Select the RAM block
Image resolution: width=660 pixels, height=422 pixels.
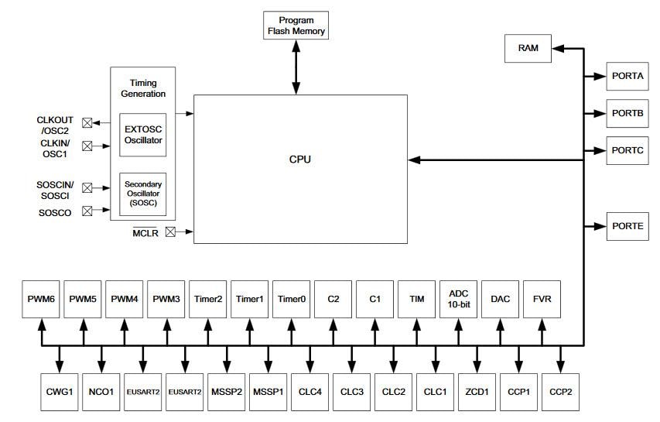[x=528, y=48]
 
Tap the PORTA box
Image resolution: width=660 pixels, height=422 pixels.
[x=628, y=76]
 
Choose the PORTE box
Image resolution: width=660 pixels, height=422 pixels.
[x=628, y=225]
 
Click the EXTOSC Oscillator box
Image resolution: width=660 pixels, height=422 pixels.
[x=144, y=135]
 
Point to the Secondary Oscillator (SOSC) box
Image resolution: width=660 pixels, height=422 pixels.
[x=144, y=194]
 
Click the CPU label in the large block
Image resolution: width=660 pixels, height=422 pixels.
[x=299, y=160]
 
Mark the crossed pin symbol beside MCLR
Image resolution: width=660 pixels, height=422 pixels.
[x=170, y=231]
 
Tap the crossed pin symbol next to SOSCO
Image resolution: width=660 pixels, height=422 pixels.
[x=87, y=211]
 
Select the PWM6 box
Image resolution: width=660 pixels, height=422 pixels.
[x=41, y=298]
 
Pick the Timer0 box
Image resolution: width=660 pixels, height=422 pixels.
[x=292, y=298]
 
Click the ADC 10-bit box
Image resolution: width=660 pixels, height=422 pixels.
[x=459, y=298]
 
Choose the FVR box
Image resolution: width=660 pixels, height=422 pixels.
[x=542, y=298]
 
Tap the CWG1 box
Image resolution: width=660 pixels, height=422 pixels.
[x=60, y=392]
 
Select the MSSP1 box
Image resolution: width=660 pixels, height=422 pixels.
[x=268, y=392]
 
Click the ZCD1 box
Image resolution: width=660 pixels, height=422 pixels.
[x=477, y=392]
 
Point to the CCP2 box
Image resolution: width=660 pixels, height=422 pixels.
[x=561, y=392]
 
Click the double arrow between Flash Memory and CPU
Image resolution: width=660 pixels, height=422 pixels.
[x=296, y=67]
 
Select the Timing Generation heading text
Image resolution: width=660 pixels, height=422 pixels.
[x=148, y=88]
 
